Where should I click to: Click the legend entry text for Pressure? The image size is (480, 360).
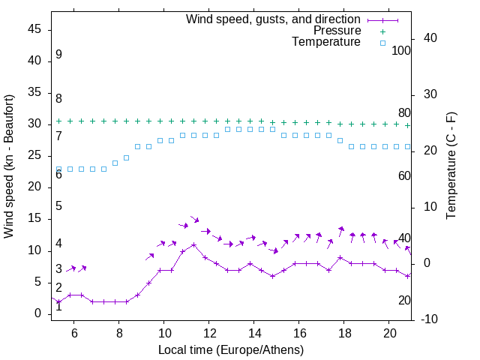[337, 31]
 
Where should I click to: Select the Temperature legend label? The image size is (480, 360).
[326, 43]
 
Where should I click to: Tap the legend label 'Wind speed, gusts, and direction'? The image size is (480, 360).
[273, 19]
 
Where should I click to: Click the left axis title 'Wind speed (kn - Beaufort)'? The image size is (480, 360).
[9, 166]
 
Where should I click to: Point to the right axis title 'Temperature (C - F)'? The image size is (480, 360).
[451, 166]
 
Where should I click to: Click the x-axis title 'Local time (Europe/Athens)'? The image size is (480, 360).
[231, 349]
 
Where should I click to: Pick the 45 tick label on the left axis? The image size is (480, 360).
[34, 30]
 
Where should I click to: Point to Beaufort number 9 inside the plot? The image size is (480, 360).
[58, 55]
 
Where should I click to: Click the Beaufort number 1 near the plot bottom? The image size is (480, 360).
[58, 307]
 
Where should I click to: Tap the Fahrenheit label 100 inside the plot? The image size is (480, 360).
[401, 51]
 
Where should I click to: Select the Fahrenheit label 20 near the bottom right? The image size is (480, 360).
[404, 301]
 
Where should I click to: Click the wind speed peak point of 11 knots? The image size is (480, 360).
[193, 244]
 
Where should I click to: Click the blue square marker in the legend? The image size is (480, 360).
[382, 43]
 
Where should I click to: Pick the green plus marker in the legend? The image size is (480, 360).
[382, 31]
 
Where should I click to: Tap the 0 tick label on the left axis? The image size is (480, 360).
[37, 314]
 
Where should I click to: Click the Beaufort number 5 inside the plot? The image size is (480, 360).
[58, 206]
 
